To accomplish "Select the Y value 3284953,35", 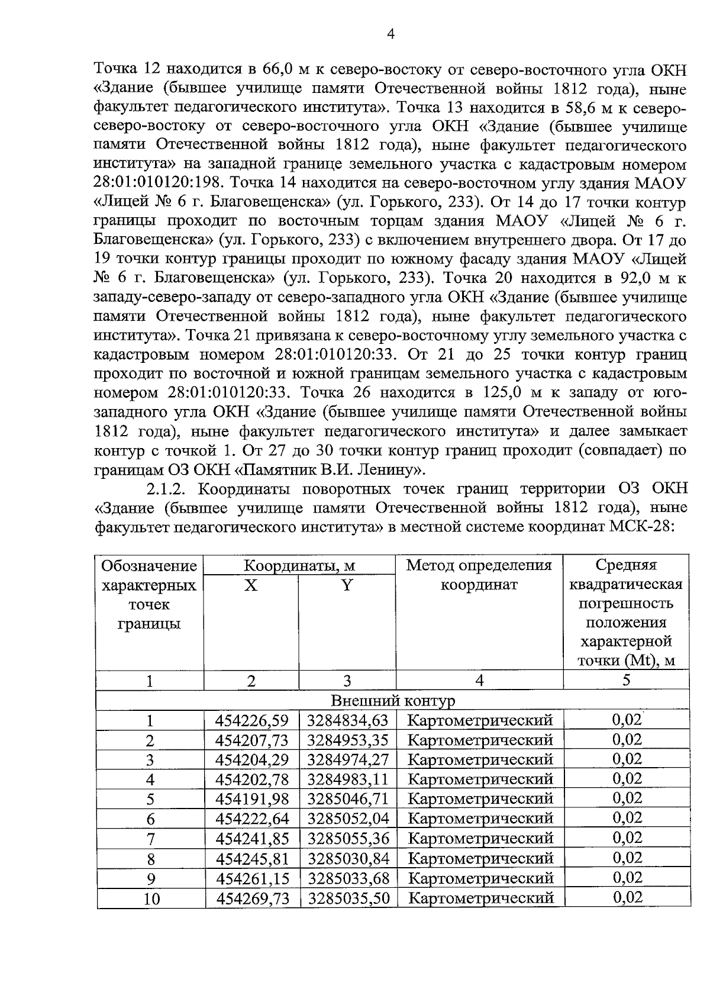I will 347,740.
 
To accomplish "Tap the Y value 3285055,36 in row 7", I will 347,838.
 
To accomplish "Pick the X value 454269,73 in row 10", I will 253,898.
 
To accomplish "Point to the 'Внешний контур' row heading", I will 393,701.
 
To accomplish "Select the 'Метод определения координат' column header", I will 479,575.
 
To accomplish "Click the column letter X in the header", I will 251,585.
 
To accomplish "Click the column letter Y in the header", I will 347,585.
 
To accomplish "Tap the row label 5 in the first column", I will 150,800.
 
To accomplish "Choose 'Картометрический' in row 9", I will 480,878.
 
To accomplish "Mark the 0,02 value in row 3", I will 627,759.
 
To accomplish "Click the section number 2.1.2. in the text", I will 168,489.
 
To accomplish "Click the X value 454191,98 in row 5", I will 253,799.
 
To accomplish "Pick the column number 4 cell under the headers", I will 479,681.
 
